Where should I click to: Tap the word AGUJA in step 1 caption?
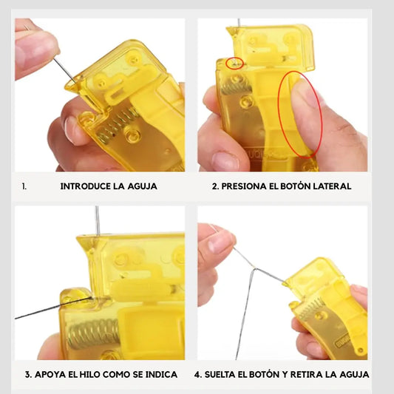tap(142, 186)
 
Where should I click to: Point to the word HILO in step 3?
tap(90, 374)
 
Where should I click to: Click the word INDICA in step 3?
tap(161, 374)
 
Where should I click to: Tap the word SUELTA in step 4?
tap(220, 374)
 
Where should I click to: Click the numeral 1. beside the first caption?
tap(24, 186)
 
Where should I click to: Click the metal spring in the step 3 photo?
tap(93, 333)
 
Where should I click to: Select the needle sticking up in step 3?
tap(98, 220)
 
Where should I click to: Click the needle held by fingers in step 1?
tap(64, 70)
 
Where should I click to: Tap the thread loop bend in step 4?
tap(255, 269)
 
